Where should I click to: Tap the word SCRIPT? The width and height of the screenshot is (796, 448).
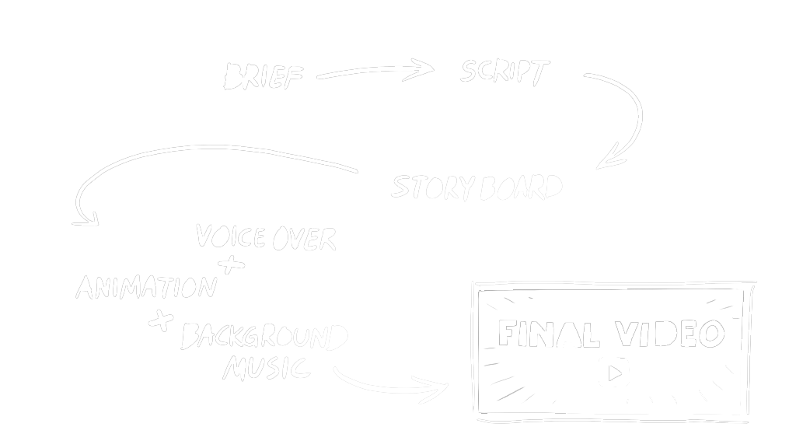tap(504, 72)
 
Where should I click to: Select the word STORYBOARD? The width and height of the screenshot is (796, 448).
tap(477, 187)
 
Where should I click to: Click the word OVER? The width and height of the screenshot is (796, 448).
tap(303, 239)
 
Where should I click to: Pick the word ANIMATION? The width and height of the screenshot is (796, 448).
tap(145, 287)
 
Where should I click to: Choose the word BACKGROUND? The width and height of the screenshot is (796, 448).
tap(264, 338)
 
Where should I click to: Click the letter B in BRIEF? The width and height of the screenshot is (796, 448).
tap(232, 76)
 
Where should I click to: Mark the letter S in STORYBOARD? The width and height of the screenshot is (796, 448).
tap(401, 187)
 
